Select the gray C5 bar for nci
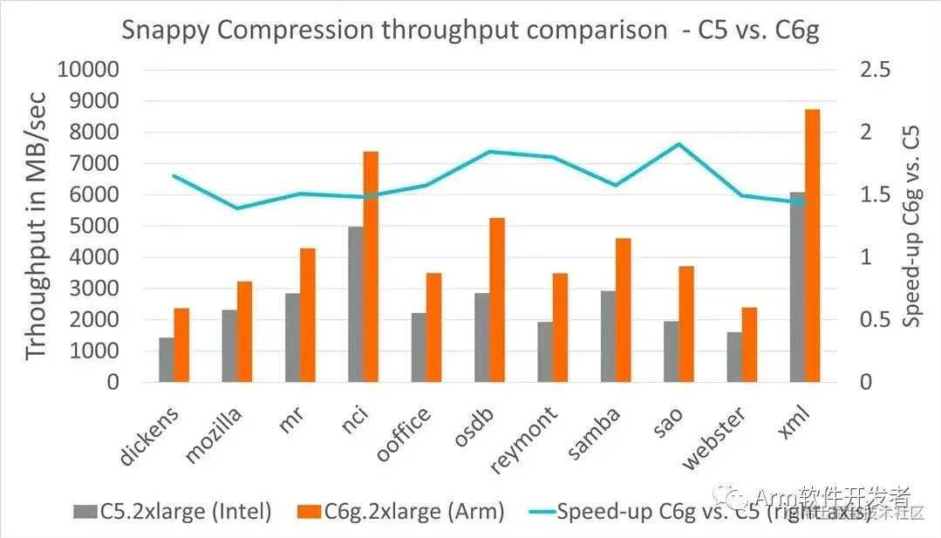(355, 304)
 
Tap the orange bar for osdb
(497, 300)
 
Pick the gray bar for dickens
(166, 359)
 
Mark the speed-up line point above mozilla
(236, 208)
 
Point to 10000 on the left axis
(88, 70)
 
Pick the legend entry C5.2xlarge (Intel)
(174, 512)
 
